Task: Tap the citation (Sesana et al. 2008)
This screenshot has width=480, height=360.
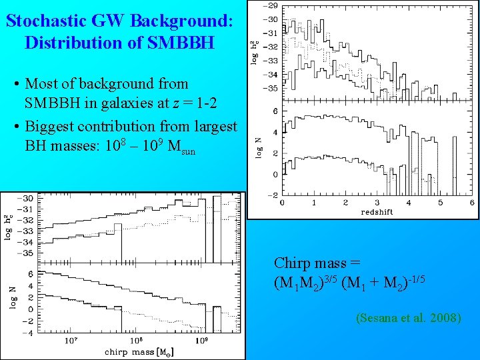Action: [x=409, y=318]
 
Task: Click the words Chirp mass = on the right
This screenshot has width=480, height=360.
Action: [x=317, y=263]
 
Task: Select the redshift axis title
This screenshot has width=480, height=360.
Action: [x=377, y=211]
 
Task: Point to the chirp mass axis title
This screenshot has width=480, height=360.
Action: [x=138, y=351]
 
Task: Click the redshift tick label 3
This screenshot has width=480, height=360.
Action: [x=377, y=202]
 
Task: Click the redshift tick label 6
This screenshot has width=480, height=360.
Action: [x=472, y=202]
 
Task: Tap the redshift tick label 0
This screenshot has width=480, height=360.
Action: [x=282, y=202]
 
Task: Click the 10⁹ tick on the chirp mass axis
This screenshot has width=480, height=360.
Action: [x=202, y=341]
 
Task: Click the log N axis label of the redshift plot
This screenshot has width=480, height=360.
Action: [x=258, y=147]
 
